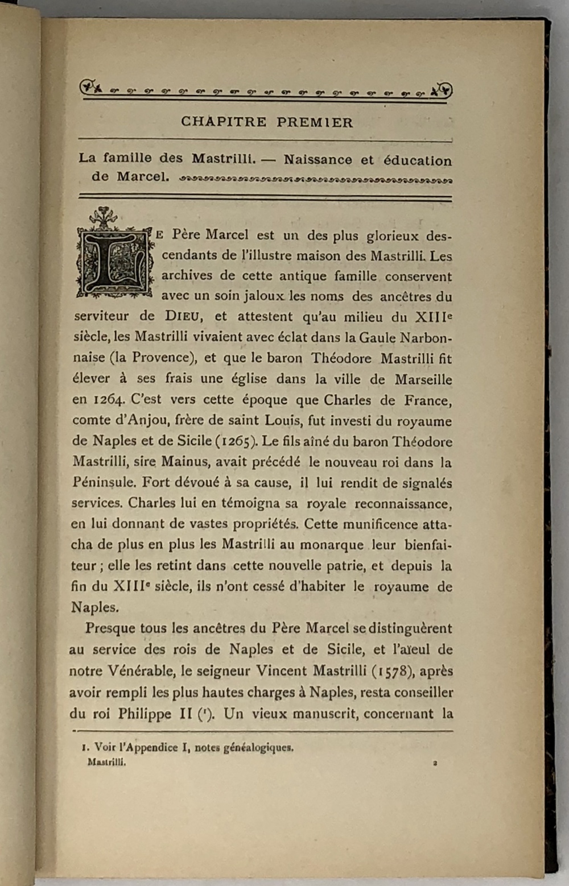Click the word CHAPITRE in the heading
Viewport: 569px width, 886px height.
(x=224, y=122)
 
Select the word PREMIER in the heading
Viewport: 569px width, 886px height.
(x=315, y=122)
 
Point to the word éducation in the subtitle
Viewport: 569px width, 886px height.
(x=418, y=160)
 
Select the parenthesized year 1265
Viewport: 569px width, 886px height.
(x=233, y=441)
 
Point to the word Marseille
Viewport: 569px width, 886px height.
(x=423, y=379)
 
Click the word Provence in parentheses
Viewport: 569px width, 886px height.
(x=160, y=358)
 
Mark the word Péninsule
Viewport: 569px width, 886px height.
(x=104, y=483)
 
